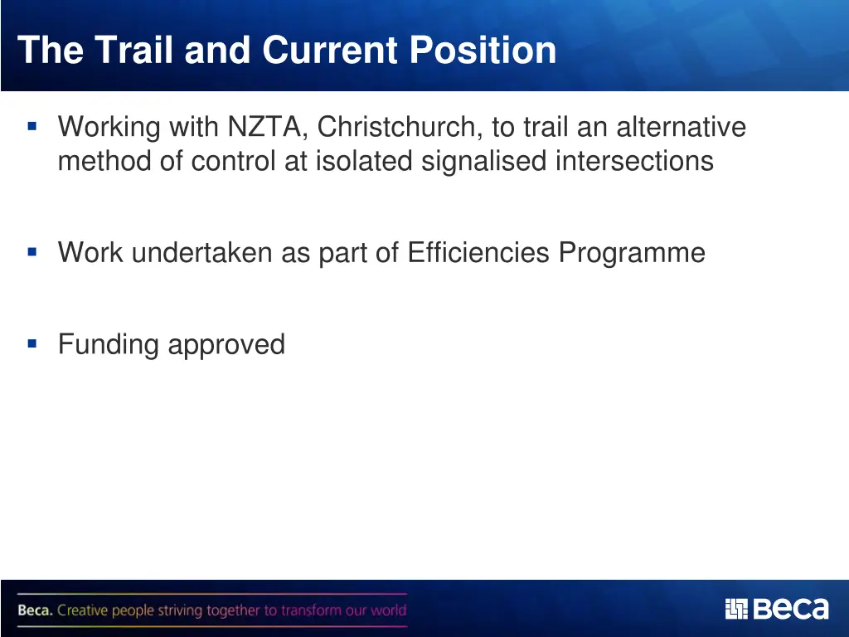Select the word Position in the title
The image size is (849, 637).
point(483,50)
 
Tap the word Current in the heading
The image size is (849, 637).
point(332,50)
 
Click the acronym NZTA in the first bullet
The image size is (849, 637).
point(268,128)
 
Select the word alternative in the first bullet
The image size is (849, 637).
point(681,128)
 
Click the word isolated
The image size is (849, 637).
point(365,160)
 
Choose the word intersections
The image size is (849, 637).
point(634,160)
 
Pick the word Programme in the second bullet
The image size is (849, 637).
point(632,252)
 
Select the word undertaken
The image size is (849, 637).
point(202,252)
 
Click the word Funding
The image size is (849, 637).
point(109,344)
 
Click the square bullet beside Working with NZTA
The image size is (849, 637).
point(32,127)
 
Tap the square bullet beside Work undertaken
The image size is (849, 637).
point(32,251)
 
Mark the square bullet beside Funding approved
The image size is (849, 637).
point(32,343)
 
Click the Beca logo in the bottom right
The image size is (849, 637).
point(776,609)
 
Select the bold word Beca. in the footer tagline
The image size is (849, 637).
point(35,611)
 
